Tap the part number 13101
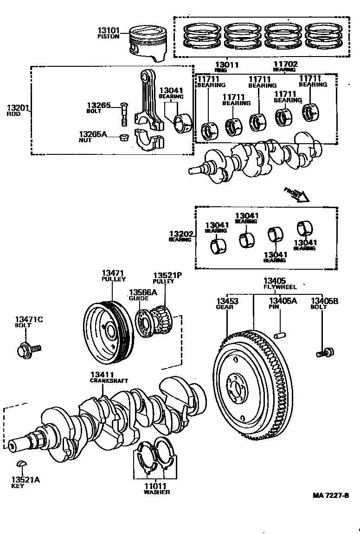[108, 31]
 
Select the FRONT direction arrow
[297, 194]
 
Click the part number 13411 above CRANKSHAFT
[103, 374]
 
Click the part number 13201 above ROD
[18, 108]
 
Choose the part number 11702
[285, 64]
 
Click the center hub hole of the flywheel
[238, 384]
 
